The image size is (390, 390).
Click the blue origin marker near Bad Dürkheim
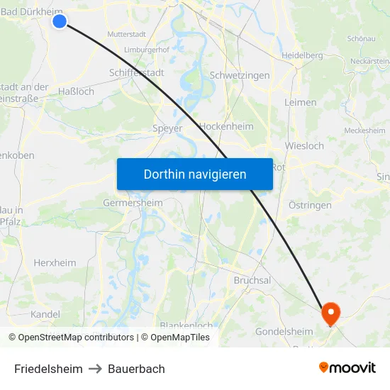pos(60,21)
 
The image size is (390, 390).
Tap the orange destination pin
pos(330,313)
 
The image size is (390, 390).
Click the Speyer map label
pos(167,128)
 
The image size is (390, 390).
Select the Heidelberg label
pos(302,55)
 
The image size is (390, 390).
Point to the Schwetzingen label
pos(240,75)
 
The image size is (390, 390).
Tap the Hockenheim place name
pos(227,126)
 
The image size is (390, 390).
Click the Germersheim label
pos(133,203)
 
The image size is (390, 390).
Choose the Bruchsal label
pos(252,280)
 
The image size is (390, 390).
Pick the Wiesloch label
pos(304,146)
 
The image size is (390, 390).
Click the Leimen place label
pos(301,102)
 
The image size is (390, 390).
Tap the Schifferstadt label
pos(137,72)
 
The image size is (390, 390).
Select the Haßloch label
pos(76,91)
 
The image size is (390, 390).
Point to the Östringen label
pos(310,205)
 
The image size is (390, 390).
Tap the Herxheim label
pos(55,262)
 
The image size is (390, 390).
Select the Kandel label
pos(46,314)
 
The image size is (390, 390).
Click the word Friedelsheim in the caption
pos(48,369)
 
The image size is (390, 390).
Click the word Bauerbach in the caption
pos(136,369)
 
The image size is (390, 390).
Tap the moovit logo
pos(347,367)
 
